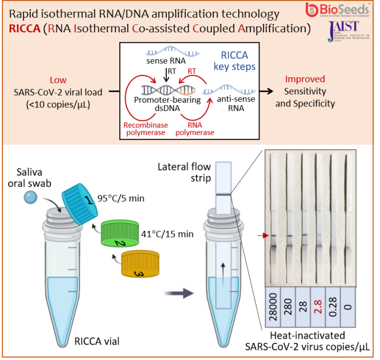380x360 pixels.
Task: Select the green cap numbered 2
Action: click(123, 235)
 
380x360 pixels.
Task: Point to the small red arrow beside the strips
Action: click(260, 236)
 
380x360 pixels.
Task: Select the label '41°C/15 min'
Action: click(168, 234)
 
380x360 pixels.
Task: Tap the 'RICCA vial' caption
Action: click(97, 341)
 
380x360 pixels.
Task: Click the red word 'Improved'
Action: click(305, 79)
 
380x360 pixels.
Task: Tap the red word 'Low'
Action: click(58, 80)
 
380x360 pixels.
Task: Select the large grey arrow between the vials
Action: click(180, 292)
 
